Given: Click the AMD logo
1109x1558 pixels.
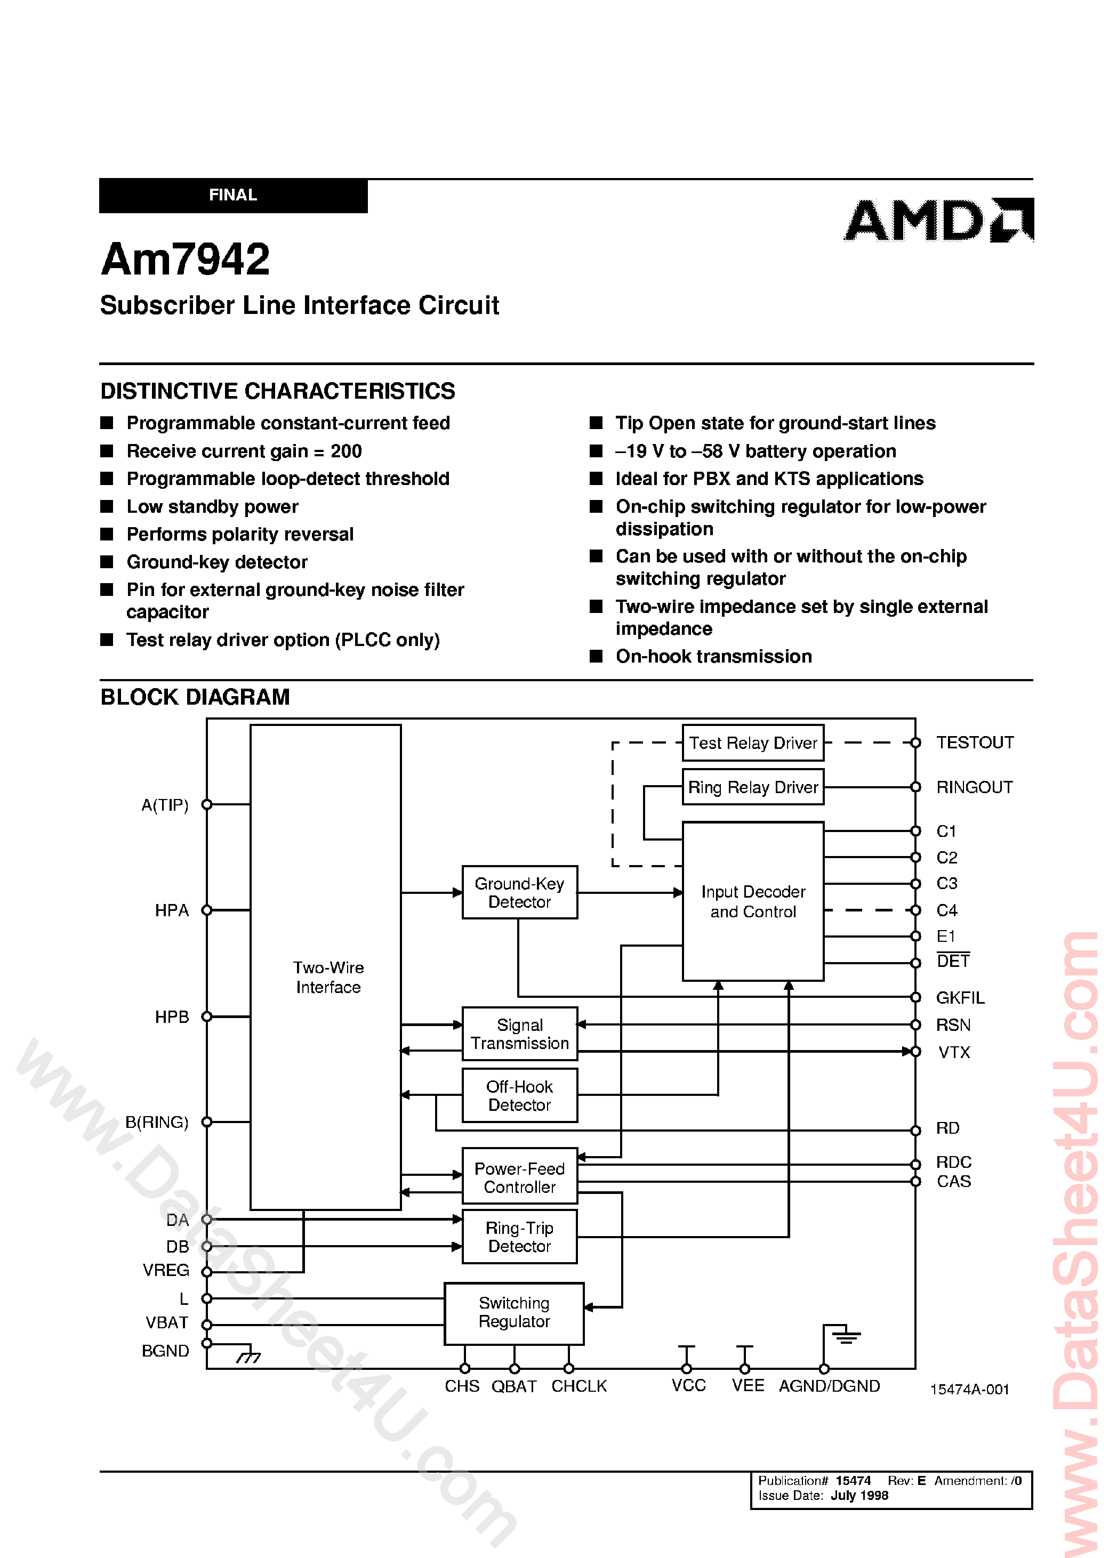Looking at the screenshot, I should pyautogui.click(x=938, y=221).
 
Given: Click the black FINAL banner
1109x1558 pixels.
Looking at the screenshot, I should pyautogui.click(x=233, y=195).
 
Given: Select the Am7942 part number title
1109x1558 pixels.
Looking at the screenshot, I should pyautogui.click(x=185, y=260).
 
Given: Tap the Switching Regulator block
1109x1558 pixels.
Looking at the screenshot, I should pyautogui.click(x=513, y=1312).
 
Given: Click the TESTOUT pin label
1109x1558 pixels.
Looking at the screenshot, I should pyautogui.click(x=975, y=743).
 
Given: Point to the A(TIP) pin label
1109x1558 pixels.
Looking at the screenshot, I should pyautogui.click(x=165, y=805).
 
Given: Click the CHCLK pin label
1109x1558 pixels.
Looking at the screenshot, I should pyautogui.click(x=578, y=1386).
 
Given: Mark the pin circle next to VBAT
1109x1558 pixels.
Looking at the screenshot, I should pyautogui.click(x=207, y=1325).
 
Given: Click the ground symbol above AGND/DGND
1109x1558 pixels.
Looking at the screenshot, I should pyautogui.click(x=846, y=1336).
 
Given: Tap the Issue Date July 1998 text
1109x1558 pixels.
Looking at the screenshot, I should pyautogui.click(x=823, y=1495).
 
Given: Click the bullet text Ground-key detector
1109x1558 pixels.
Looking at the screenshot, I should pyautogui.click(x=216, y=562).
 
